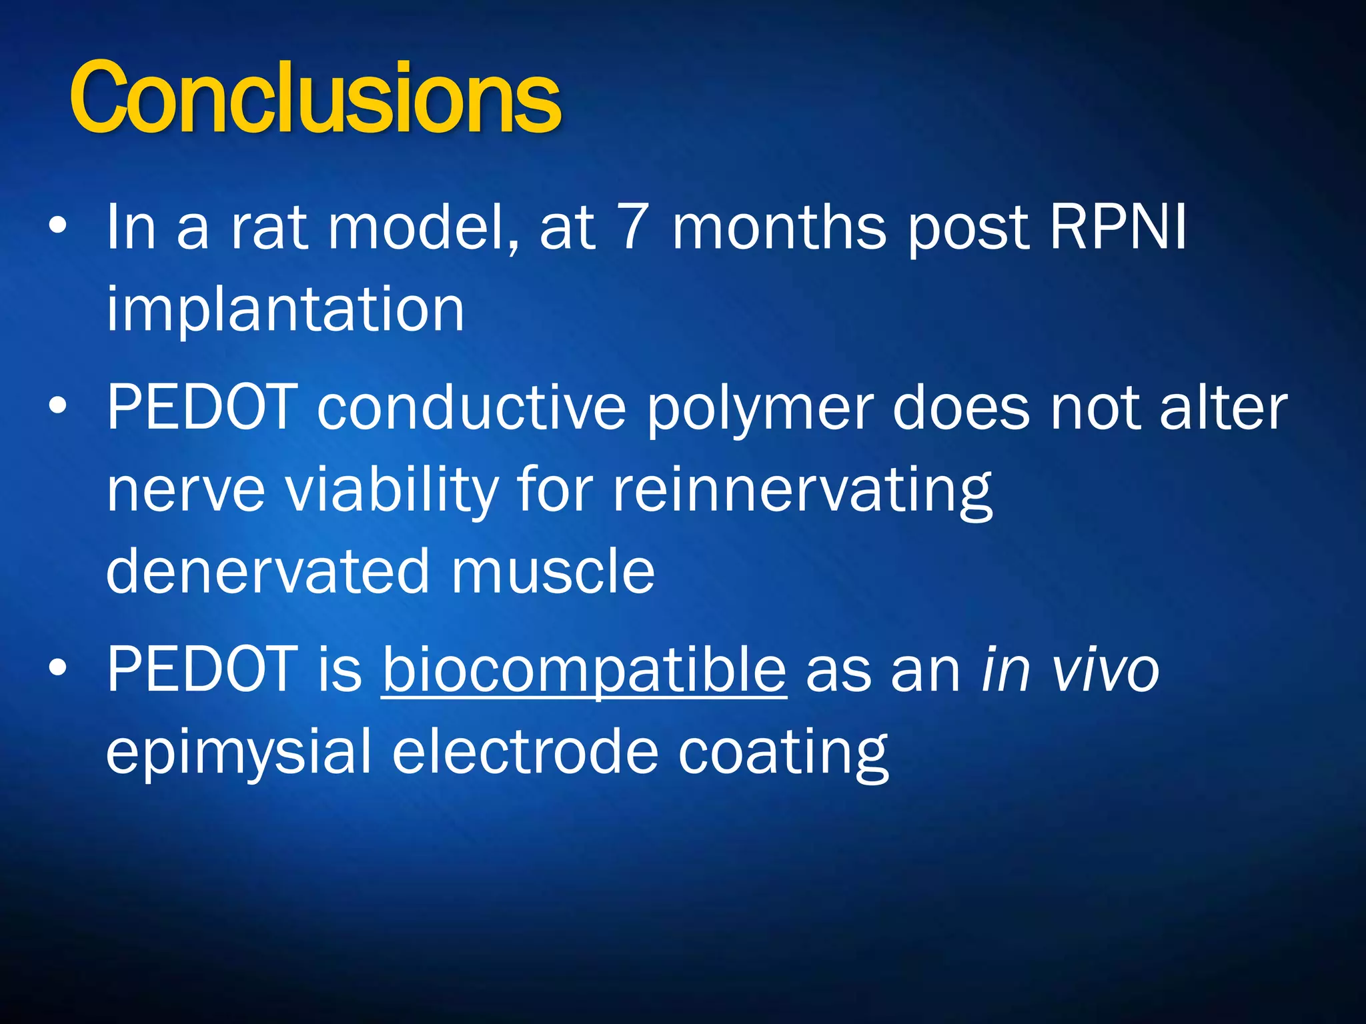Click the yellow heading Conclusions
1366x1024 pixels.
point(315,99)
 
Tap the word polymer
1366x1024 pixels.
point(760,410)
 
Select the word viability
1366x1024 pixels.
point(392,491)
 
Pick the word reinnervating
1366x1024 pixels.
point(803,491)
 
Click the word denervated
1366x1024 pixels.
point(267,571)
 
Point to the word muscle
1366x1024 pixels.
point(553,571)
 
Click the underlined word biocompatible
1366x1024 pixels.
point(584,671)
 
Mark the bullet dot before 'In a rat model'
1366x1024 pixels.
point(58,227)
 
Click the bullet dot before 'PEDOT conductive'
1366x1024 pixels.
point(58,406)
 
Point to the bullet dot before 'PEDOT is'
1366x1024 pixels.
point(58,668)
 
